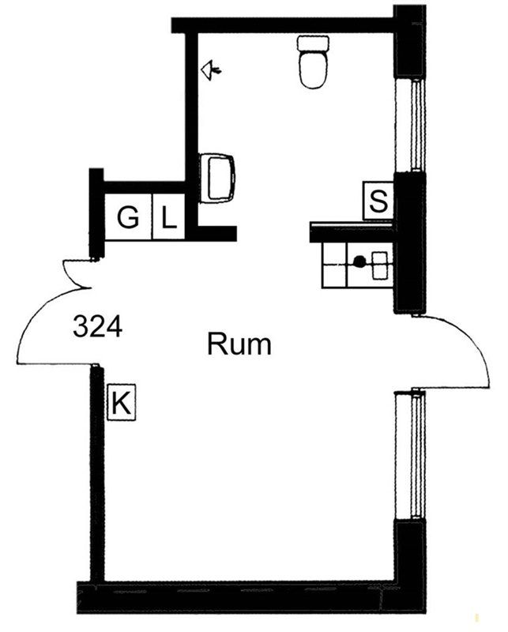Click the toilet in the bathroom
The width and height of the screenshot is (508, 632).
click(x=313, y=62)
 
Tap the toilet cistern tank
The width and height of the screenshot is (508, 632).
click(x=313, y=43)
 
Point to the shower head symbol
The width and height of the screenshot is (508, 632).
click(x=211, y=70)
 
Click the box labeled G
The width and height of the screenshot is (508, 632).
click(x=128, y=217)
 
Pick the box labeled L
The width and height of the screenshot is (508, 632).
click(x=169, y=217)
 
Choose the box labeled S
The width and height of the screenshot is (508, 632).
click(x=378, y=201)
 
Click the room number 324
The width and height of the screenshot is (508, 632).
click(x=97, y=326)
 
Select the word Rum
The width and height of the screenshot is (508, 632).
click(x=239, y=344)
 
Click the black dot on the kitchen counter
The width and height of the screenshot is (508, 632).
click(x=359, y=261)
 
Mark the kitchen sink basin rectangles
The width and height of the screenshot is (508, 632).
click(x=380, y=265)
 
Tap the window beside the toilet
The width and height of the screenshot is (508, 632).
click(x=409, y=124)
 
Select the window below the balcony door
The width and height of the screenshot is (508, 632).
click(x=409, y=457)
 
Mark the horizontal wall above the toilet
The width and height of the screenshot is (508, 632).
click(x=282, y=25)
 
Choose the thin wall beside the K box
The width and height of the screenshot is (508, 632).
click(x=96, y=473)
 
